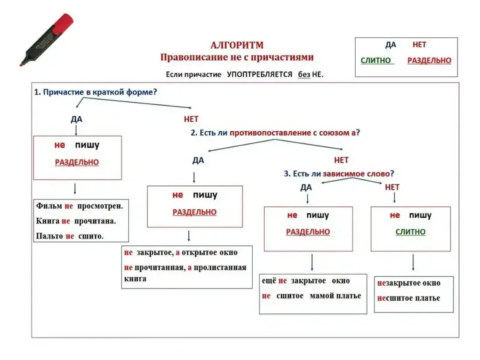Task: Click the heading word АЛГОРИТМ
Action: tap(237, 45)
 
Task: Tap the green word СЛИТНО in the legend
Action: tap(376, 61)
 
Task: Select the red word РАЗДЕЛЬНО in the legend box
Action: tap(429, 61)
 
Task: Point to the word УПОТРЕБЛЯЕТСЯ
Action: tap(259, 75)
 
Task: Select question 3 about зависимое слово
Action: tap(339, 173)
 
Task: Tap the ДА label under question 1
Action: tap(76, 119)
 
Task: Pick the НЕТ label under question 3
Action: tap(392, 187)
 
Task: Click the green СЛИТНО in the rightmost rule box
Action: tap(410, 232)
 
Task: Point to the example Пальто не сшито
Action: tap(70, 236)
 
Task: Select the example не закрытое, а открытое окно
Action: tap(181, 253)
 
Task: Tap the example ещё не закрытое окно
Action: tap(305, 281)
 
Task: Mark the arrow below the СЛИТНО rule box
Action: tap(413, 263)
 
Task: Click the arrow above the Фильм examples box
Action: tap(74, 188)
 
